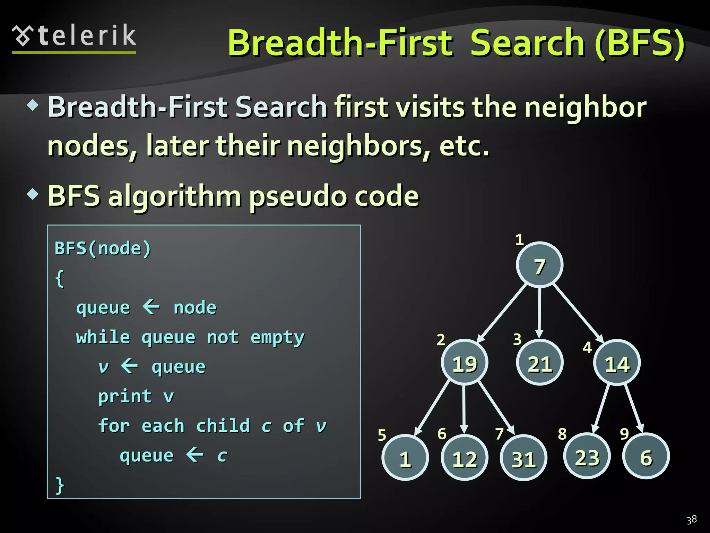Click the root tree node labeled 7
539,265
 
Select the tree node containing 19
465,363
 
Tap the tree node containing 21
539,363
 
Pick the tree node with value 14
617,363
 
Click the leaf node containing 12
465,458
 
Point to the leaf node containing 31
523,458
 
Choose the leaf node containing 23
587,456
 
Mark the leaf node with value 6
646,456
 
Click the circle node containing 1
405,458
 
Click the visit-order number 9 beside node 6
624,434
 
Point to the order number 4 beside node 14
587,347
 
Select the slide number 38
691,519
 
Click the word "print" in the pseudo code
125,397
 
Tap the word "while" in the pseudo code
103,337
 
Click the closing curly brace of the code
60,485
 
